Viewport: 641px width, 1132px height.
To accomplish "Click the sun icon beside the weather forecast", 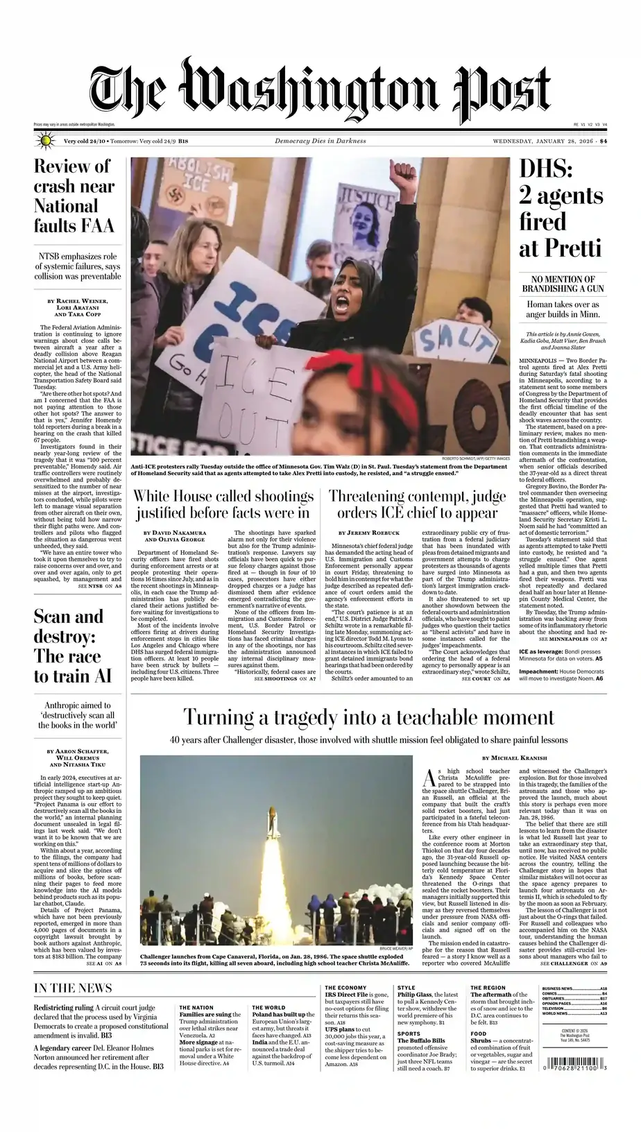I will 46,141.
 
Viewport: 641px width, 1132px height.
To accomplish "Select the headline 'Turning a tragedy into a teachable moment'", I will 368,717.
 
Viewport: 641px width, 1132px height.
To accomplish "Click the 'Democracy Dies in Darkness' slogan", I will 320,141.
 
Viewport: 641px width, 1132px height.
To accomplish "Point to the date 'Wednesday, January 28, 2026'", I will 545,141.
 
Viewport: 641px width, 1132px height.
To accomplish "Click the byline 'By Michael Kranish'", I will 514,757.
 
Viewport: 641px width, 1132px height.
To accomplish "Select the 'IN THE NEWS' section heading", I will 73,988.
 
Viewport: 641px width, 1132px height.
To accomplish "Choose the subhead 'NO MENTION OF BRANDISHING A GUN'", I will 563,284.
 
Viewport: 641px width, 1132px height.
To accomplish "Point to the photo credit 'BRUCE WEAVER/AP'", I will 396,948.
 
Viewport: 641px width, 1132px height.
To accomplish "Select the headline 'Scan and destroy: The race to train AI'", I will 68,646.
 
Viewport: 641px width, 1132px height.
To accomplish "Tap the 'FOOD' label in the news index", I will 478,1034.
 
